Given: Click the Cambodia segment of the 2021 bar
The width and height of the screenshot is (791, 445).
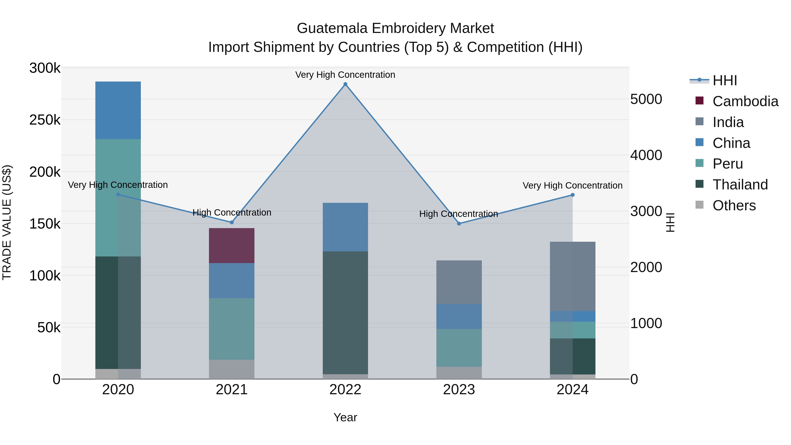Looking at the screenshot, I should [x=232, y=245].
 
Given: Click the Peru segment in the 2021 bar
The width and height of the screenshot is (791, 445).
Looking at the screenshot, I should [x=232, y=329].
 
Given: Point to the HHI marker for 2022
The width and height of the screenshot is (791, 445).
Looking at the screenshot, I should [x=345, y=84].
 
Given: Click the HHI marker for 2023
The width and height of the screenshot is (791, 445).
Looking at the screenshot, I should [x=459, y=223].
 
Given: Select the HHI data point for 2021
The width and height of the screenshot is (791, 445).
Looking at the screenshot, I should [x=232, y=222].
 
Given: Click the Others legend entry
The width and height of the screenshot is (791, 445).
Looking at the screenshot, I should [x=734, y=205].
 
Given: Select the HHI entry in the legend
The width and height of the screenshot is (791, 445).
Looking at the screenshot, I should [x=724, y=80].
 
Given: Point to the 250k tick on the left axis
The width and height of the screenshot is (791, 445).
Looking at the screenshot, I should [x=45, y=120].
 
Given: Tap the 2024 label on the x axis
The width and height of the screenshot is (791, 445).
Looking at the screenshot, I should [x=572, y=390].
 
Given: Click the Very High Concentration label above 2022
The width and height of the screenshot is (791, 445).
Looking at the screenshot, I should [x=345, y=75].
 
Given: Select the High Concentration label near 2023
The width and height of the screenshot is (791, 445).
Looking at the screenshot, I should [x=458, y=214].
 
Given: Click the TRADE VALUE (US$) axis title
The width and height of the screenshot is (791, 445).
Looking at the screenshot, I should [x=7, y=222].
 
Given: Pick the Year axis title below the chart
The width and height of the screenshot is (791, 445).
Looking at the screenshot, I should [x=345, y=417].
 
